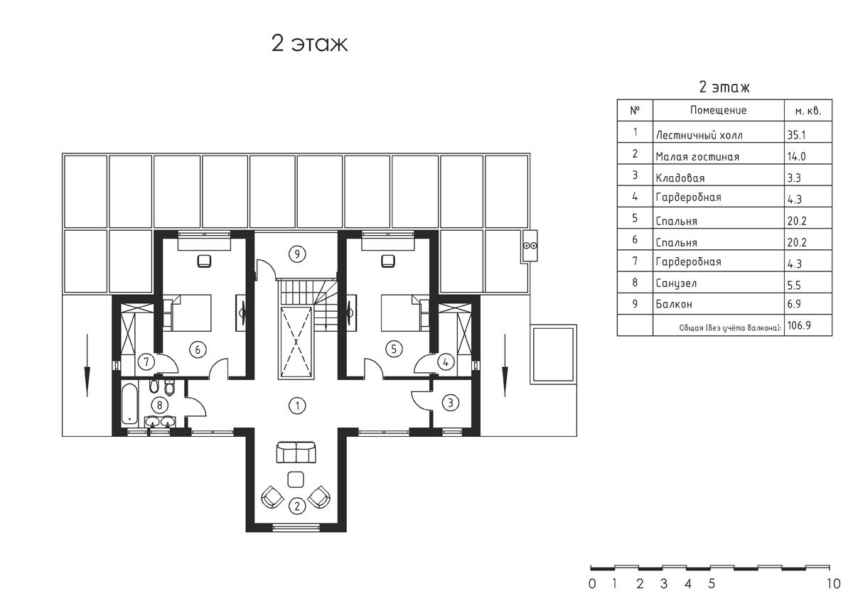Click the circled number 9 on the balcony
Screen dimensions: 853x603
click(297, 254)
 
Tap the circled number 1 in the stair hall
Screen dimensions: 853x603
click(297, 406)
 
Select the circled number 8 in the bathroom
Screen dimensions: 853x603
click(159, 405)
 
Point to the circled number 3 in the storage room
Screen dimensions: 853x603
click(451, 403)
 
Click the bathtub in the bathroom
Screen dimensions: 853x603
click(129, 403)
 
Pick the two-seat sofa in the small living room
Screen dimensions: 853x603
click(296, 452)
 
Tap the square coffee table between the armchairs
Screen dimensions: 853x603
click(296, 479)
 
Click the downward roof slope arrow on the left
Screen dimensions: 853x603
click(87, 365)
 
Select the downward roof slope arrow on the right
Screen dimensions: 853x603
click(505, 365)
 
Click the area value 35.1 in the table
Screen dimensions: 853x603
click(797, 135)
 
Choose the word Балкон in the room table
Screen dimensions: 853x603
click(674, 304)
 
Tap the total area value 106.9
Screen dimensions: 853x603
click(799, 325)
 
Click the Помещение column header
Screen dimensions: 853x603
click(718, 110)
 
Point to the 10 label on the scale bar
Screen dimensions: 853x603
click(834, 584)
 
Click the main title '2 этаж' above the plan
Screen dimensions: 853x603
click(309, 43)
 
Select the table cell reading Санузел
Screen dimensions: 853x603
click(676, 283)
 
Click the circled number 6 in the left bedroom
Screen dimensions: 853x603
click(198, 349)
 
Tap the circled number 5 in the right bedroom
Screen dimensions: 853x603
click(394, 349)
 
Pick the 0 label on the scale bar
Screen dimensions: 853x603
click(591, 584)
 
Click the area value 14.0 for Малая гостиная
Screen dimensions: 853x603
click(797, 156)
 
